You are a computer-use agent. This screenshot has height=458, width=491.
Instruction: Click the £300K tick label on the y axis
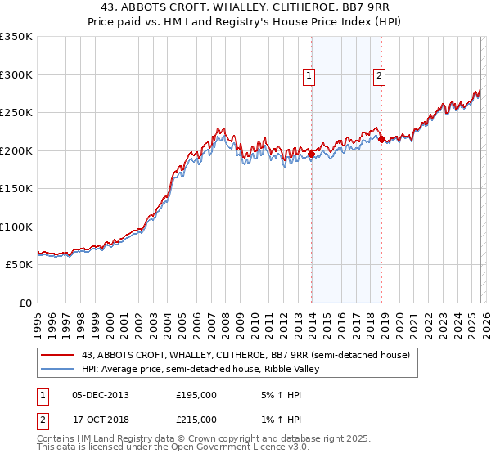16,74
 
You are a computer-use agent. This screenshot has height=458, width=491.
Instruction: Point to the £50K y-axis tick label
19,265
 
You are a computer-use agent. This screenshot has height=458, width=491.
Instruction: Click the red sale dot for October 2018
381,139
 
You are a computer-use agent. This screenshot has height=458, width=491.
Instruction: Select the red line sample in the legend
59,355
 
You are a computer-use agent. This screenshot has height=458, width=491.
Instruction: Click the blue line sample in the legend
59,369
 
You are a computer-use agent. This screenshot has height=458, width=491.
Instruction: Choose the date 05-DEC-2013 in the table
101,395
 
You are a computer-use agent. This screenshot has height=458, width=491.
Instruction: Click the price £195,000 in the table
196,395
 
